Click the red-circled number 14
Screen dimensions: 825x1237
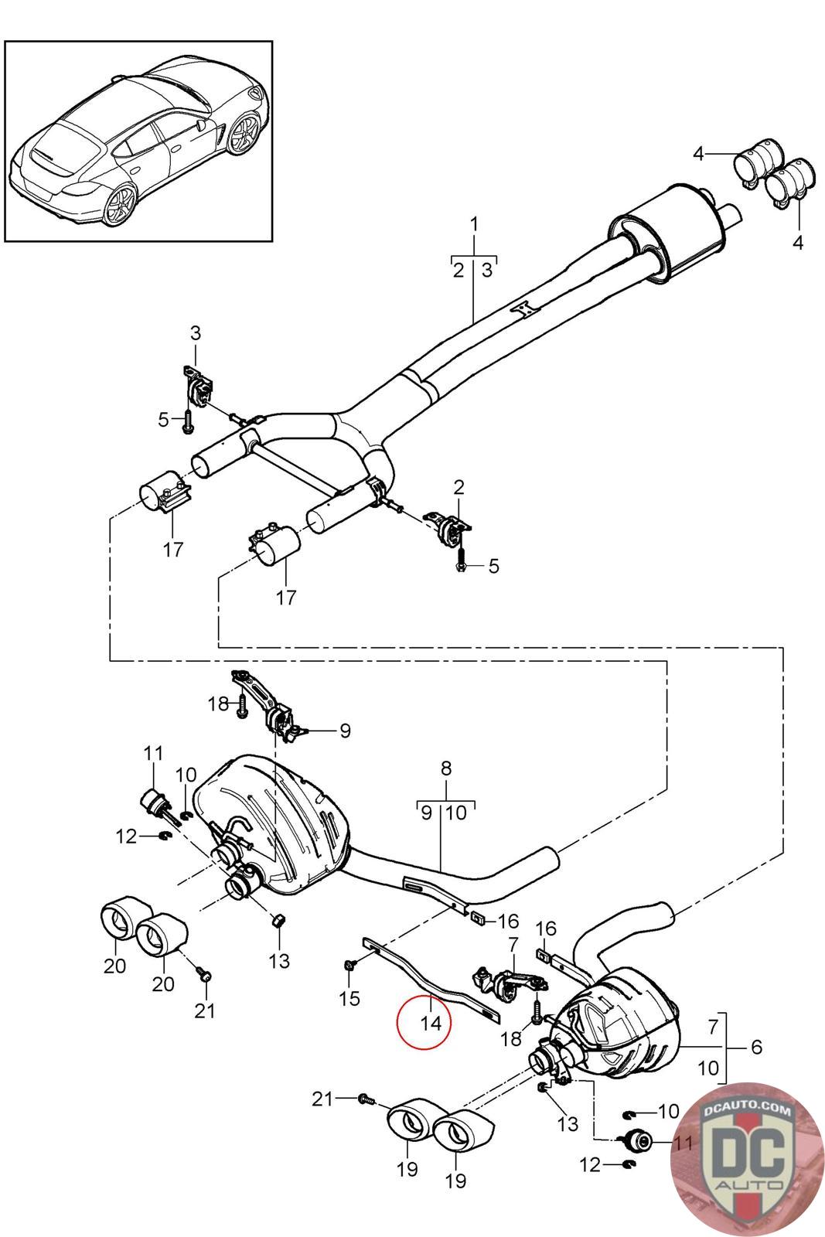(x=431, y=1024)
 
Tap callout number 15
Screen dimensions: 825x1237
(x=349, y=998)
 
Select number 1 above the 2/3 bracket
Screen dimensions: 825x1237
(x=474, y=225)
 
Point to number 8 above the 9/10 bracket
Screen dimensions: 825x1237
(x=446, y=768)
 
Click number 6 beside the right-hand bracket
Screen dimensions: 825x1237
(x=756, y=1046)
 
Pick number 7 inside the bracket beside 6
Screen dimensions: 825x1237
(x=714, y=1027)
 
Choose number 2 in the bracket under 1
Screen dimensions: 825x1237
(x=459, y=271)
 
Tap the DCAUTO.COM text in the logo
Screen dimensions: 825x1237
(x=746, y=1109)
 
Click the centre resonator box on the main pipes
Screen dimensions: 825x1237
(x=668, y=235)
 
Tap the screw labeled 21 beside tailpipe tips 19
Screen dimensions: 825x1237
(x=366, y=1099)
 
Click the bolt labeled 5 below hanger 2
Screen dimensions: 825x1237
(x=461, y=557)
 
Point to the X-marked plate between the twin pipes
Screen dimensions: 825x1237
(x=523, y=310)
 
